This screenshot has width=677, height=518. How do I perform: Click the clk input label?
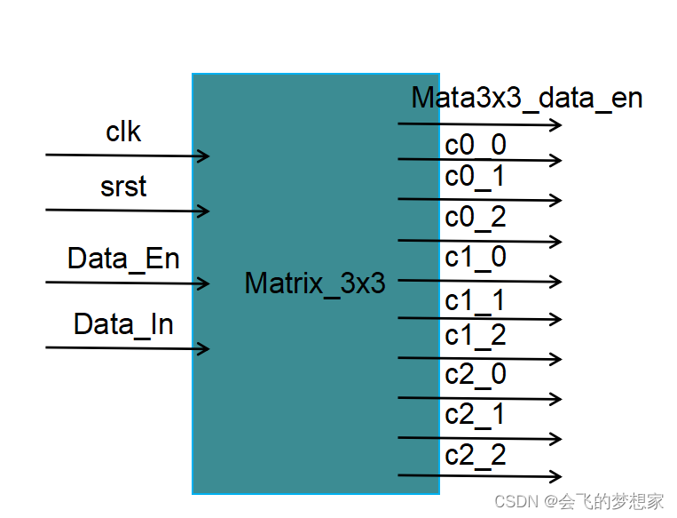click(123, 131)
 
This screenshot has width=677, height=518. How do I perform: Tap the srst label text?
click(123, 187)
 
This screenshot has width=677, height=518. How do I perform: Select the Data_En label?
click(123, 259)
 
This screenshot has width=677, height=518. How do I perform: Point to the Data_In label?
click(123, 324)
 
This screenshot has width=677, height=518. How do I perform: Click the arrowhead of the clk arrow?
click(204, 156)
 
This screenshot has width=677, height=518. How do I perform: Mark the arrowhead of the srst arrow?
click(204, 211)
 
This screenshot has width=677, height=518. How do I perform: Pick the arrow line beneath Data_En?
click(124, 283)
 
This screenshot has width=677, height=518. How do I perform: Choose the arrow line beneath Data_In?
click(124, 348)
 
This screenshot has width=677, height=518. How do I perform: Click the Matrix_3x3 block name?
click(315, 283)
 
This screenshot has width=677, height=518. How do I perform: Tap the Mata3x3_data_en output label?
click(526, 98)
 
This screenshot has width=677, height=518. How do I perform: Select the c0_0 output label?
click(476, 145)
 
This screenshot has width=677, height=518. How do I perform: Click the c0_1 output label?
click(476, 177)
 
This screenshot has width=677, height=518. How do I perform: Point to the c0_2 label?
click(476, 216)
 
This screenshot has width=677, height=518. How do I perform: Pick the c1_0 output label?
click(476, 257)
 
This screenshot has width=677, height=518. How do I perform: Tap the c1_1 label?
click(476, 301)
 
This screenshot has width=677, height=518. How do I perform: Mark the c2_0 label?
click(476, 374)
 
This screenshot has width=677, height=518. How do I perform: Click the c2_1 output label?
click(476, 414)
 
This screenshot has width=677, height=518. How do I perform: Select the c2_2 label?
click(476, 454)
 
